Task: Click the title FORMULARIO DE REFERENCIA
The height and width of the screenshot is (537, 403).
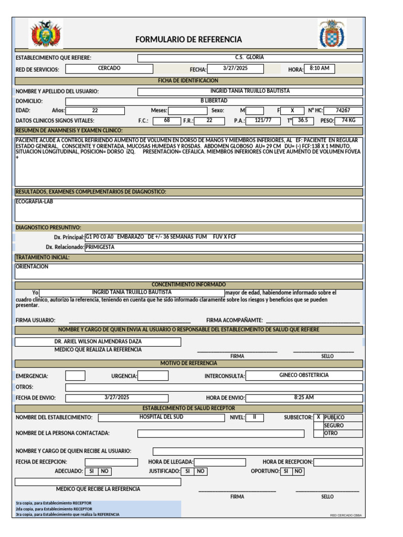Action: point(188,39)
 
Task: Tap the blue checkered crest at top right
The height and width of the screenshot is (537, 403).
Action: point(332,35)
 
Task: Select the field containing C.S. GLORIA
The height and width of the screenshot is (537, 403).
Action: point(250,58)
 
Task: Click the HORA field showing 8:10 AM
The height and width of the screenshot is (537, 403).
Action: point(319,69)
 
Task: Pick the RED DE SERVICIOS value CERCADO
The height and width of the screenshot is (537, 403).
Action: point(109,69)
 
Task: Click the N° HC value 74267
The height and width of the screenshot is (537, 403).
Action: point(343,111)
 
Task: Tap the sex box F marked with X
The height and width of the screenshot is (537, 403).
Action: point(292,111)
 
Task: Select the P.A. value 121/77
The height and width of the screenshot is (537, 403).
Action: point(263,121)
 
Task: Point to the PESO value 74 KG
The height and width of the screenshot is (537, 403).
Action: point(348,121)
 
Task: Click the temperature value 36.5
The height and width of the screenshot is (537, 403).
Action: point(303,121)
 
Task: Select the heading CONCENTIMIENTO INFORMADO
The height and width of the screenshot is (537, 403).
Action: point(188,284)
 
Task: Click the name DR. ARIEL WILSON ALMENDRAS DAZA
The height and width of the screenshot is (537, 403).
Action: point(98,341)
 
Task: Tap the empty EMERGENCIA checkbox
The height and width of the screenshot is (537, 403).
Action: point(75,375)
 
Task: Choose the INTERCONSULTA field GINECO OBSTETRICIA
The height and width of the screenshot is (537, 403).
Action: point(304,375)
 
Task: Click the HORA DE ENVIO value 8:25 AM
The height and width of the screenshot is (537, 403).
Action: point(304,398)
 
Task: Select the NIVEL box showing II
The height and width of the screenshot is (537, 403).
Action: point(254,417)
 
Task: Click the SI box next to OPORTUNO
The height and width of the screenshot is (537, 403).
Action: point(286,471)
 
